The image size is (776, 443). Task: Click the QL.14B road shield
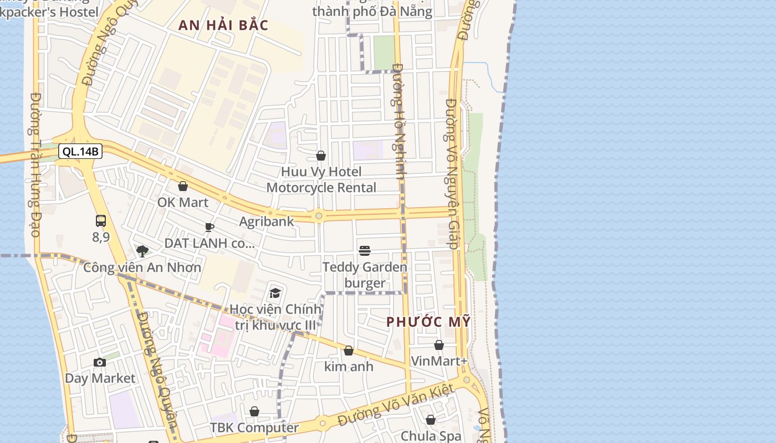(x=80, y=151)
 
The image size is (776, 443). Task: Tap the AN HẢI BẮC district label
(x=223, y=25)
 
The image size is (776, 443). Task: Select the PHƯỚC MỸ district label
(x=428, y=321)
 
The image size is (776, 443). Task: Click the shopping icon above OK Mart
(x=183, y=187)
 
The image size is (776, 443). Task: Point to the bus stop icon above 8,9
(x=100, y=221)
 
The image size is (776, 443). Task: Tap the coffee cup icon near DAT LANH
(x=209, y=227)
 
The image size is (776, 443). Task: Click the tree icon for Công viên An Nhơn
(x=142, y=251)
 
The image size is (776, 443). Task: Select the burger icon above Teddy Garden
(x=365, y=251)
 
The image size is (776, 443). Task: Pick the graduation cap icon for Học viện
(x=275, y=293)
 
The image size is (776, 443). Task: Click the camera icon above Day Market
(x=100, y=363)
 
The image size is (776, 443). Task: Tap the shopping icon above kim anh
(x=349, y=351)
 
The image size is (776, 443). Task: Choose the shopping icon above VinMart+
(x=439, y=345)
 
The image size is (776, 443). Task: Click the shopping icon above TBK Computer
(x=254, y=411)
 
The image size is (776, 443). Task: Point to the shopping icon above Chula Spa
(x=431, y=420)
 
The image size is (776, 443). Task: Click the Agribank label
(x=267, y=221)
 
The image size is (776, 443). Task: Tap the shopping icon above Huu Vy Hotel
(x=321, y=156)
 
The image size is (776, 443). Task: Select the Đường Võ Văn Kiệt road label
(x=396, y=406)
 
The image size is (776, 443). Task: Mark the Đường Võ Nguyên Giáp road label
(x=452, y=174)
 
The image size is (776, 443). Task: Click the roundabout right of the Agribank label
(x=319, y=216)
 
